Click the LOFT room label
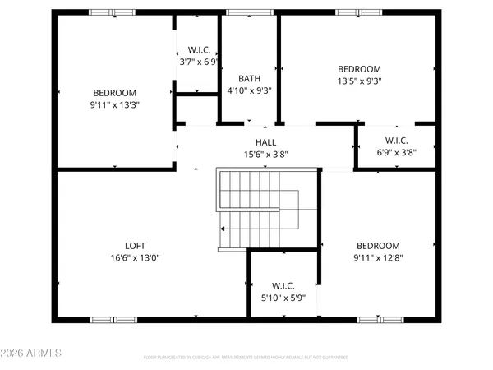(x=135, y=244)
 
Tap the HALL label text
(x=265, y=142)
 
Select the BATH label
(x=249, y=79)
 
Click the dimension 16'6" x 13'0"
(x=135, y=257)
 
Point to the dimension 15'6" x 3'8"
(x=265, y=154)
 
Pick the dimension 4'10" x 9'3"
(x=249, y=90)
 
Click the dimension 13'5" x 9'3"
(x=360, y=81)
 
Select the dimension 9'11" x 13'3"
(x=114, y=104)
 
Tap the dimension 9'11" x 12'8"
(x=378, y=257)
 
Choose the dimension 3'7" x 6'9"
(x=197, y=62)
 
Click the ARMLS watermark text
(x=34, y=354)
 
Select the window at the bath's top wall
(x=239, y=12)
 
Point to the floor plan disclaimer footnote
(x=246, y=358)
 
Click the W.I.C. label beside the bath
(x=197, y=49)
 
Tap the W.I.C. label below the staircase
(x=283, y=284)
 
